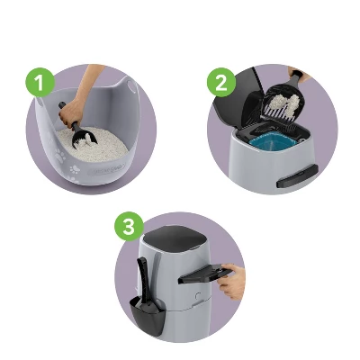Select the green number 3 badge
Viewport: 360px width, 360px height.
pyautogui.click(x=128, y=228)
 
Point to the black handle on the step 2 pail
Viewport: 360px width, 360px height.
pyautogui.click(x=293, y=179)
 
